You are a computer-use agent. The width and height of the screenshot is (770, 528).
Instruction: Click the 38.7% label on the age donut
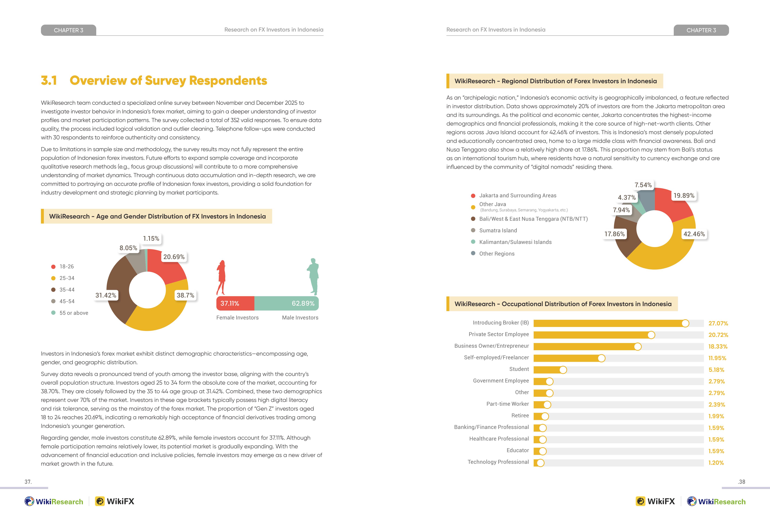coord(185,295)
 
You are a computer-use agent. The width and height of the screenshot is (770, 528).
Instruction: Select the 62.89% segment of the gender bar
coord(286,303)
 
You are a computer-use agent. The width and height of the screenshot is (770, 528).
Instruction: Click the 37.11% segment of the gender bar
coord(235,303)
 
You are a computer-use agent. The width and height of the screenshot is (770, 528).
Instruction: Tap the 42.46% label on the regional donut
coord(694,234)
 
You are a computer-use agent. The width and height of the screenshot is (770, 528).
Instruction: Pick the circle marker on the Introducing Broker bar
coord(685,323)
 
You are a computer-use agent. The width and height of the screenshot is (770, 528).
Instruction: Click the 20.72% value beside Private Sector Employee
coord(718,335)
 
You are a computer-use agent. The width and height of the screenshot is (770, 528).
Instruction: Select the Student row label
coord(519,369)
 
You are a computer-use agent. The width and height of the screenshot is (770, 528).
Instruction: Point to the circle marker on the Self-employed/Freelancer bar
coord(601,358)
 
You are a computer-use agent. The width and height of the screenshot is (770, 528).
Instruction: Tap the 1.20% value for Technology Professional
coord(716,463)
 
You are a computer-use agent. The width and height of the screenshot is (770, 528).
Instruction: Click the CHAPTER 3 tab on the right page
coord(701,30)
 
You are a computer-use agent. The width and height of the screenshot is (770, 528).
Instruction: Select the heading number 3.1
coord(49,80)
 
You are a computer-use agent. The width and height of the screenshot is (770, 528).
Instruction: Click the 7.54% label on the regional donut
coord(643,185)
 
